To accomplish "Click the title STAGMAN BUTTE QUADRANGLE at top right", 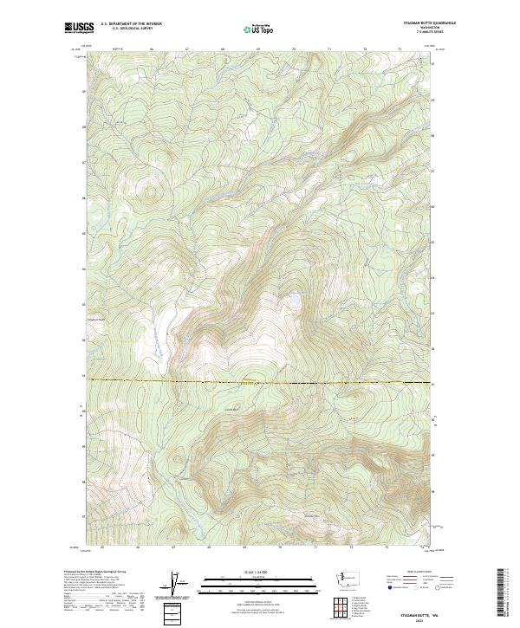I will coord(431,22).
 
